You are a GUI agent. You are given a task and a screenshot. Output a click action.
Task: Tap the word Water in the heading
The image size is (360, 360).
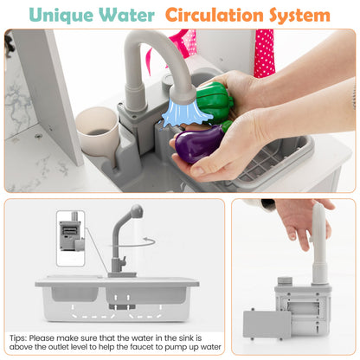(126, 15)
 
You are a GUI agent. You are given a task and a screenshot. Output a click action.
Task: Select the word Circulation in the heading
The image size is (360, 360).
(215, 15)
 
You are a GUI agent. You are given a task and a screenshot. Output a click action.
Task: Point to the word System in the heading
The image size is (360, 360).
(299, 16)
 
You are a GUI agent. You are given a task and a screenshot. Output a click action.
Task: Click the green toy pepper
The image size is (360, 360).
(214, 102)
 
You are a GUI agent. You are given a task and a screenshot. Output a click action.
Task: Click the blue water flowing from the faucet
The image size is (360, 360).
(184, 114)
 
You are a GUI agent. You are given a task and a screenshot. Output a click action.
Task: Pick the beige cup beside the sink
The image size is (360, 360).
(98, 132)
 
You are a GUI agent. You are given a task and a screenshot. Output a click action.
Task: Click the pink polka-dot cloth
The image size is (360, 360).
(264, 53)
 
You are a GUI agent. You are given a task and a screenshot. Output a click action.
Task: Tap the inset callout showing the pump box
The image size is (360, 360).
(71, 238)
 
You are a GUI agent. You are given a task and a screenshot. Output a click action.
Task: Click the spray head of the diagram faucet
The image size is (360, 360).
(137, 211)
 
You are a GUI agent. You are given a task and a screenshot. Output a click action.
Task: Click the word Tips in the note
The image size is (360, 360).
(19, 338)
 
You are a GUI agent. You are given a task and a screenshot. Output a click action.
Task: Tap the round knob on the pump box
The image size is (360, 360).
(285, 280)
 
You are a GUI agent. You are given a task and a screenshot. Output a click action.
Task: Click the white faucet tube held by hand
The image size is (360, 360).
(320, 243)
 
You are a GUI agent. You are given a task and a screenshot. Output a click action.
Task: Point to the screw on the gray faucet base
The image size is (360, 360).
(134, 117)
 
